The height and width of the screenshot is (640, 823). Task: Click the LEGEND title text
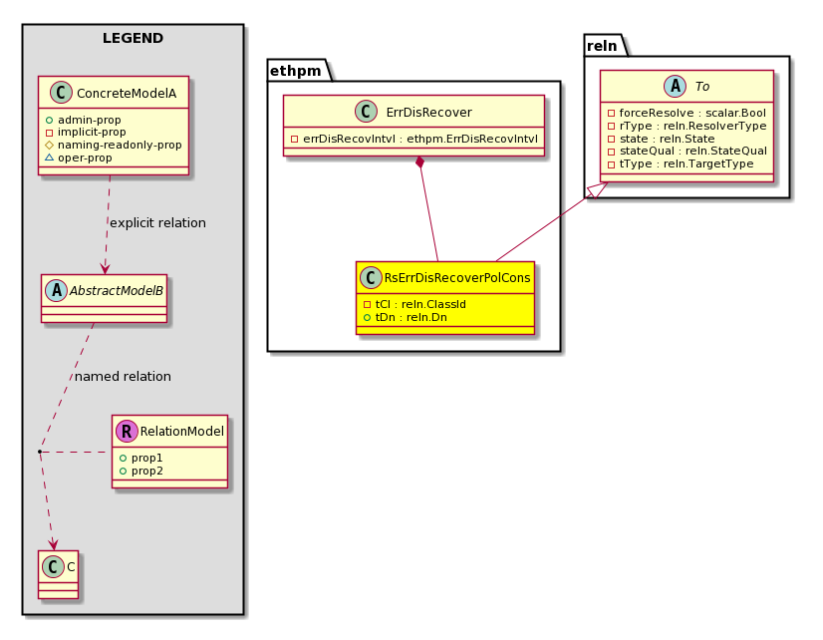click(133, 38)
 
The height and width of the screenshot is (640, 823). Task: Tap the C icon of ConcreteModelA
click(61, 93)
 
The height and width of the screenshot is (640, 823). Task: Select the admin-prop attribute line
click(84, 120)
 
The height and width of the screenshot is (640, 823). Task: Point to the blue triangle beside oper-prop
click(50, 158)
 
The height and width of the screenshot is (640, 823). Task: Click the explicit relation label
click(157, 223)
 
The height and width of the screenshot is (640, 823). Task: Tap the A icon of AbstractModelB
click(56, 290)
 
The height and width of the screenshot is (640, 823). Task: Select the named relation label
click(123, 377)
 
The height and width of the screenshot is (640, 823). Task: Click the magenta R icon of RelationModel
click(127, 431)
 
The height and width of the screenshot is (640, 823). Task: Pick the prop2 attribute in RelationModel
click(141, 471)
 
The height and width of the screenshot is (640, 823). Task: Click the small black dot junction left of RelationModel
click(40, 452)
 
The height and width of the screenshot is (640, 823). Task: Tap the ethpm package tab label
click(296, 71)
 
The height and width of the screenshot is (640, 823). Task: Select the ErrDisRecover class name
click(428, 113)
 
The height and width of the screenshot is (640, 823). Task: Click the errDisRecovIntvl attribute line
click(414, 139)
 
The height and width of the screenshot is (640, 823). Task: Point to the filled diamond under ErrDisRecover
click(419, 162)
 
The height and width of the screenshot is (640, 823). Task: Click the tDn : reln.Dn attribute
click(405, 317)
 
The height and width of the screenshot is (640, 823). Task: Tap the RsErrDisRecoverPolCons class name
click(457, 278)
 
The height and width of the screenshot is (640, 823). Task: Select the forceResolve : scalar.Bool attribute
click(686, 113)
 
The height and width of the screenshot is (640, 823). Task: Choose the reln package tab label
click(602, 46)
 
